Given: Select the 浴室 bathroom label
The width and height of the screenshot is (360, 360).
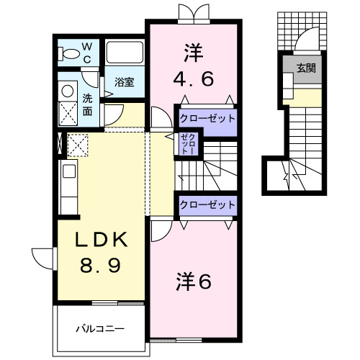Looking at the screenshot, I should [125, 82].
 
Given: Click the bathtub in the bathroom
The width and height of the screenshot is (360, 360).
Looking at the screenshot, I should [125, 55].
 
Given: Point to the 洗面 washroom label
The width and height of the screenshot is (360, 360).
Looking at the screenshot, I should [87, 104].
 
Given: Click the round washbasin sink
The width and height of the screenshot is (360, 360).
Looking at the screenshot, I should [68, 92].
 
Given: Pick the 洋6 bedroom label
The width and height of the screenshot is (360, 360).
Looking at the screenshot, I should [193, 282].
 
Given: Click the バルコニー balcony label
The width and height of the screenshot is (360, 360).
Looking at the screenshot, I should [101, 329].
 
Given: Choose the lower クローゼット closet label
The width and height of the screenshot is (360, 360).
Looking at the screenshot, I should [207, 204].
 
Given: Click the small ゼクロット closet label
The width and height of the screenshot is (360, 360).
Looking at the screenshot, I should [186, 145].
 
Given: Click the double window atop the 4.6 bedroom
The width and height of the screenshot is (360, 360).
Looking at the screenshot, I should [192, 13].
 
